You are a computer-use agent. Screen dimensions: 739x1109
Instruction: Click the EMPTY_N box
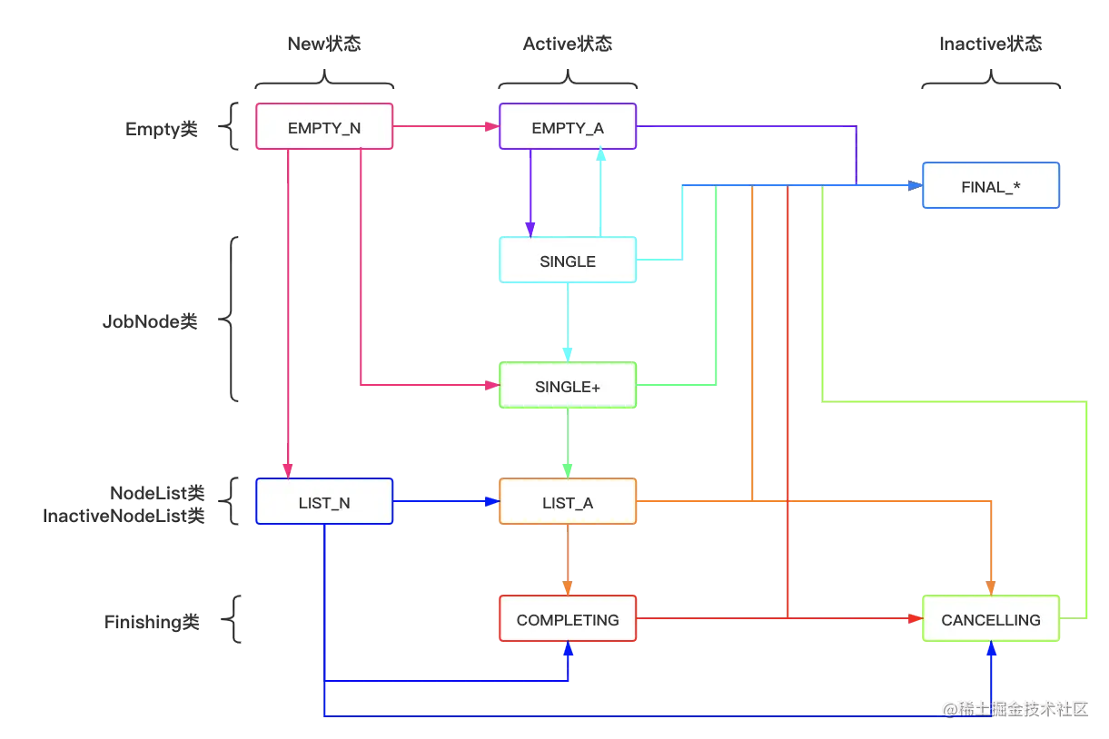click(x=324, y=128)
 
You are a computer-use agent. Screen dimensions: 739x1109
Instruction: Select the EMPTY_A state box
click(x=568, y=128)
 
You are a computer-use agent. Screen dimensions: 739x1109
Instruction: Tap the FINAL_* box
click(x=991, y=187)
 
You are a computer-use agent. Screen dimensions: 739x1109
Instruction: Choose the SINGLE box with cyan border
click(x=568, y=261)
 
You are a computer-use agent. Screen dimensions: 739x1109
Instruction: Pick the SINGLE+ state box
click(x=568, y=387)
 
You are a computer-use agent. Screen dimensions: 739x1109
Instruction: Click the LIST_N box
click(x=324, y=502)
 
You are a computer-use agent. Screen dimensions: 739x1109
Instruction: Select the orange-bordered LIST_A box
click(x=568, y=502)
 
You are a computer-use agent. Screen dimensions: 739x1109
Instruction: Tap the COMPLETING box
click(x=568, y=620)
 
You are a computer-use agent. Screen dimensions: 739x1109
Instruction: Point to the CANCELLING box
click(x=991, y=620)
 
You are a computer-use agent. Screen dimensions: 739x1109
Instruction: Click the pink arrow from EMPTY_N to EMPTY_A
click(x=445, y=127)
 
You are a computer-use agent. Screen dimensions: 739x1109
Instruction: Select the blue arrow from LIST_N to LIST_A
click(x=445, y=499)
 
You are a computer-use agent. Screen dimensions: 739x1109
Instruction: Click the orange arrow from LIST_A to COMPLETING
click(x=568, y=558)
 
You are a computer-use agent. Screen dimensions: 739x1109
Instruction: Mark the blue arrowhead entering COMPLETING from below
click(x=569, y=649)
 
